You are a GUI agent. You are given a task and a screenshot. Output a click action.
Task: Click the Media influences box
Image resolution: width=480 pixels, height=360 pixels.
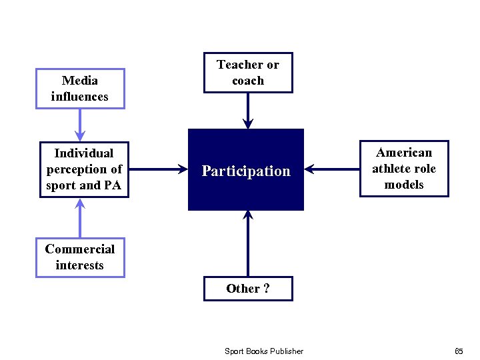79,89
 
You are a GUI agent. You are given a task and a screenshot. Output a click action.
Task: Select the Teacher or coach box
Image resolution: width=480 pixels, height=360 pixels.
248,73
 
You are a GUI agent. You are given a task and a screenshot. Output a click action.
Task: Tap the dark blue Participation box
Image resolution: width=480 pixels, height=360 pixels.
246,171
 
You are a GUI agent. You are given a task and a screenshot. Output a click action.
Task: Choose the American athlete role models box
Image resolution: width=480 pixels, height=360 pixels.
404,169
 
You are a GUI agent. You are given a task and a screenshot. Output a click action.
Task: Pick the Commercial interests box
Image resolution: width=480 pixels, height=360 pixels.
79,257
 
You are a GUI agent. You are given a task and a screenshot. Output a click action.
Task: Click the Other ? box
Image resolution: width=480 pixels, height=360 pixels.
248,289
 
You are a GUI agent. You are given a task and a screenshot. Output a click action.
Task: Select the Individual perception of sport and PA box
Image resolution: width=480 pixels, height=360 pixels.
84,169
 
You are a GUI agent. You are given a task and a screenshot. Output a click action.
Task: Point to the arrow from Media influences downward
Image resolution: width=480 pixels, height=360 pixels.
80,125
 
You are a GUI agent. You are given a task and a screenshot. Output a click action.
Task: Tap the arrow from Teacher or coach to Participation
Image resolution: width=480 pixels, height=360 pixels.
248,110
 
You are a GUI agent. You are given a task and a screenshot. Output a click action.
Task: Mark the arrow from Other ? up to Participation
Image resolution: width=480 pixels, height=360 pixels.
248,243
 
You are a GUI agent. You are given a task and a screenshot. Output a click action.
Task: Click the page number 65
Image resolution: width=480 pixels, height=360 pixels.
459,351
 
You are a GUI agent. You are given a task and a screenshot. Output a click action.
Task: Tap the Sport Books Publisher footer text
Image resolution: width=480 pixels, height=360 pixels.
264,351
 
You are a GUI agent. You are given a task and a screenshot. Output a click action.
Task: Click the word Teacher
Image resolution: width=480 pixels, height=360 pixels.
239,65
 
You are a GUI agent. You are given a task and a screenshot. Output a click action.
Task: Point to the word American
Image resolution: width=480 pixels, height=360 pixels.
404,153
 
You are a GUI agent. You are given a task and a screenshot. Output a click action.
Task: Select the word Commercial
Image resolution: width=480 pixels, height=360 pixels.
79,249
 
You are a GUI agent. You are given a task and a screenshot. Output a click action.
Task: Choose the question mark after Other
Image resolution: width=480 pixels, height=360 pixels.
267,289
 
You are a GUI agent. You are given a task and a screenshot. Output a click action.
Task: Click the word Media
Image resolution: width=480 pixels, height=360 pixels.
79,81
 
